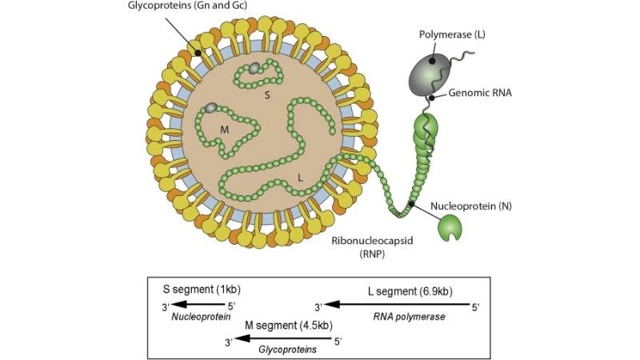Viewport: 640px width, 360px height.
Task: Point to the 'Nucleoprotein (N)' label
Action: tap(470, 206)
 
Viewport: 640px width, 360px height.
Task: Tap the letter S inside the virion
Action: tap(268, 94)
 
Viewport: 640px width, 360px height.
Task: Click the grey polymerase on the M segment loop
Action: tap(211, 107)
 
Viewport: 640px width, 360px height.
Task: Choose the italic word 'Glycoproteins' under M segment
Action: tap(287, 350)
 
